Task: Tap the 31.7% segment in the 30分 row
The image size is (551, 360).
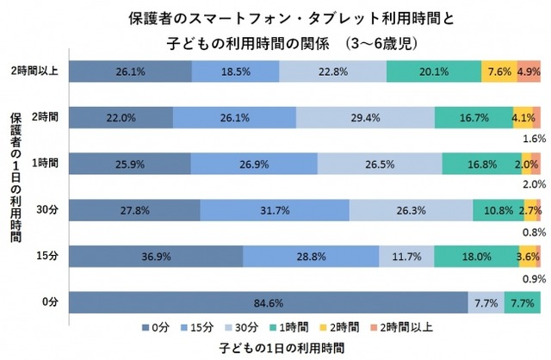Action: [275, 210]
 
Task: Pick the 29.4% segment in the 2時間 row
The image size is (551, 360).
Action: [365, 118]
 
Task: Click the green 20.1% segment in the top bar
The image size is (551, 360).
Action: [433, 71]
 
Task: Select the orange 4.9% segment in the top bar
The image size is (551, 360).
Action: [528, 71]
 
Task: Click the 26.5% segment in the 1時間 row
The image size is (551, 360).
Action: [379, 164]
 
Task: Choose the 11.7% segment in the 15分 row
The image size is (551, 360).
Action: [406, 257]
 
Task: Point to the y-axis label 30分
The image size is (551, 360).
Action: [45, 210]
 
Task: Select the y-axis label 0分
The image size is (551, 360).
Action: [47, 303]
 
